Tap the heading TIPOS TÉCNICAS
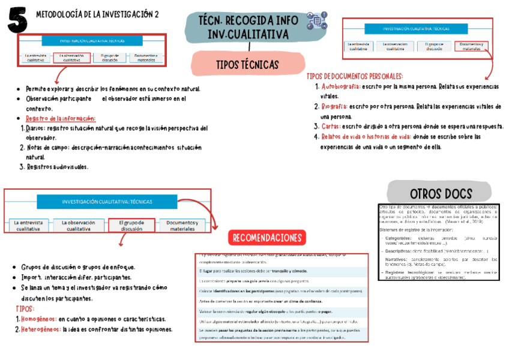[x=247, y=64]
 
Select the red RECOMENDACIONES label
[x=268, y=238]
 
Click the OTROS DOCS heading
[x=441, y=193]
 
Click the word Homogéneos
[x=39, y=319]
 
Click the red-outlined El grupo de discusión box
[x=132, y=226]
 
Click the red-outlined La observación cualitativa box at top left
[x=71, y=58]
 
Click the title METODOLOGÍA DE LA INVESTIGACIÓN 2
[x=98, y=14]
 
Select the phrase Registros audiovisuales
[x=57, y=167]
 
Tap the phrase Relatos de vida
[x=343, y=137]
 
